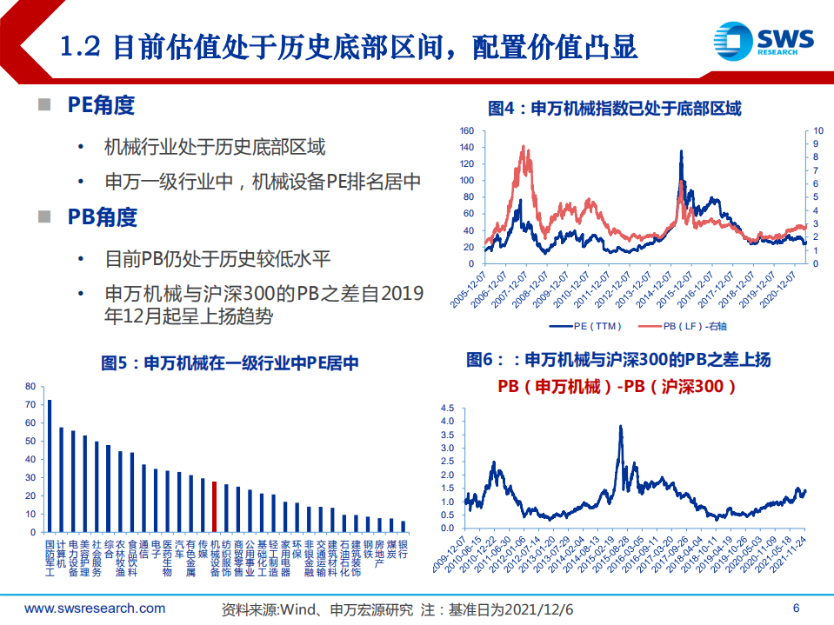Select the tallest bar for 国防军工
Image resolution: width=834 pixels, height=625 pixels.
tap(50, 466)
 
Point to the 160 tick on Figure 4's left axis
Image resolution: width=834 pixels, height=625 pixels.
tap(467, 131)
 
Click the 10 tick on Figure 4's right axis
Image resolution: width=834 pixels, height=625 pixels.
tap(818, 131)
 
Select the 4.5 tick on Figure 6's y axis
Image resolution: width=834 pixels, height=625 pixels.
tap(448, 408)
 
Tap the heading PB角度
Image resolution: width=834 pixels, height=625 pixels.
tap(102, 217)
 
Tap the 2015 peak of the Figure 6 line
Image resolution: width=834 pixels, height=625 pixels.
tap(620, 427)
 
